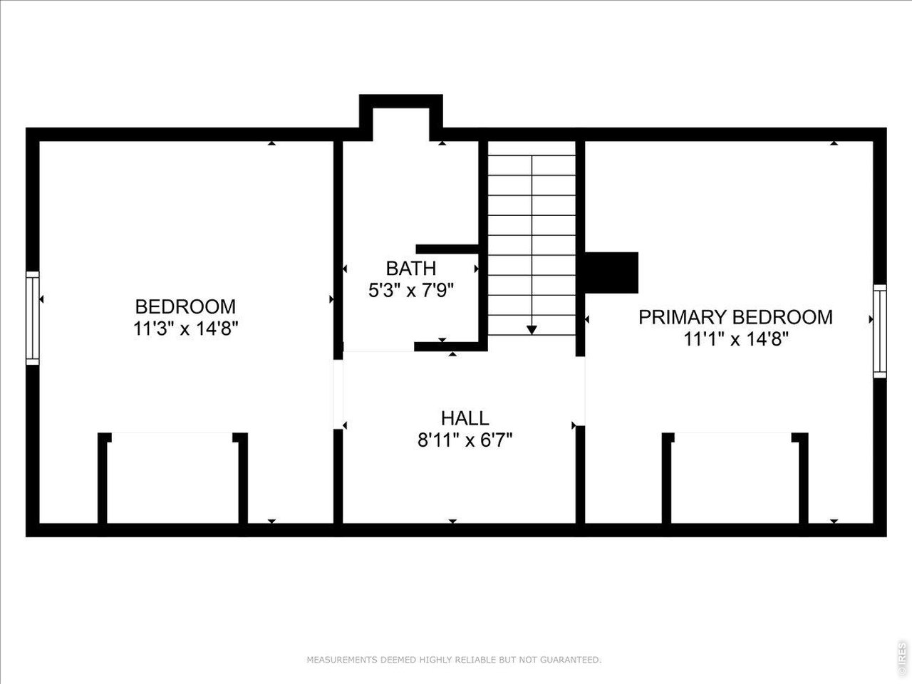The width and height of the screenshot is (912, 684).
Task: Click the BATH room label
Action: coord(411,269)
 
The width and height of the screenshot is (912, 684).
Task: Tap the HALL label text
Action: coord(465,418)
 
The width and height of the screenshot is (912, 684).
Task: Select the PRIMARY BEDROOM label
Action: coord(735,317)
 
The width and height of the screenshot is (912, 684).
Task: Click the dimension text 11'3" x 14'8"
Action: coord(185,328)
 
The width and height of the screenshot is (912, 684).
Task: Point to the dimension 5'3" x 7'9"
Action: coord(410,290)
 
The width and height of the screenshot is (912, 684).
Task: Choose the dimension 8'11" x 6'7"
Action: coord(465,440)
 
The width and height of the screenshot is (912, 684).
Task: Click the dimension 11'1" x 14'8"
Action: coord(736,339)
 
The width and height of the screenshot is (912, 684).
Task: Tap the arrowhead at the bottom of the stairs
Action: coord(532,330)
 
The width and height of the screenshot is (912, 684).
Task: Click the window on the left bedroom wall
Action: coord(32,318)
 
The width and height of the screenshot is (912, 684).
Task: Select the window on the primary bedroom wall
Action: coord(879,331)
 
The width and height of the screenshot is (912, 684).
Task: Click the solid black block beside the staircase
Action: coord(611,272)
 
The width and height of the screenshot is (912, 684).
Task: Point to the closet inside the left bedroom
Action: coord(172,478)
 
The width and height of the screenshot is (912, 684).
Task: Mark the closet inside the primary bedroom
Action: coord(735,478)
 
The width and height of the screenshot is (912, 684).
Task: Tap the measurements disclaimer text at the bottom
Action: coord(454,659)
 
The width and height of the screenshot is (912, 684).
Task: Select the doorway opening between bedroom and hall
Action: coord(338,394)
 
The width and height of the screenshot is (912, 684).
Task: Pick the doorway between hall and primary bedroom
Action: coord(581,391)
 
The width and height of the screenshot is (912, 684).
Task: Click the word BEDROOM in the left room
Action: coord(185,307)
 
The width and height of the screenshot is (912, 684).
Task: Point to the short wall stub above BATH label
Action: coord(447,249)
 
